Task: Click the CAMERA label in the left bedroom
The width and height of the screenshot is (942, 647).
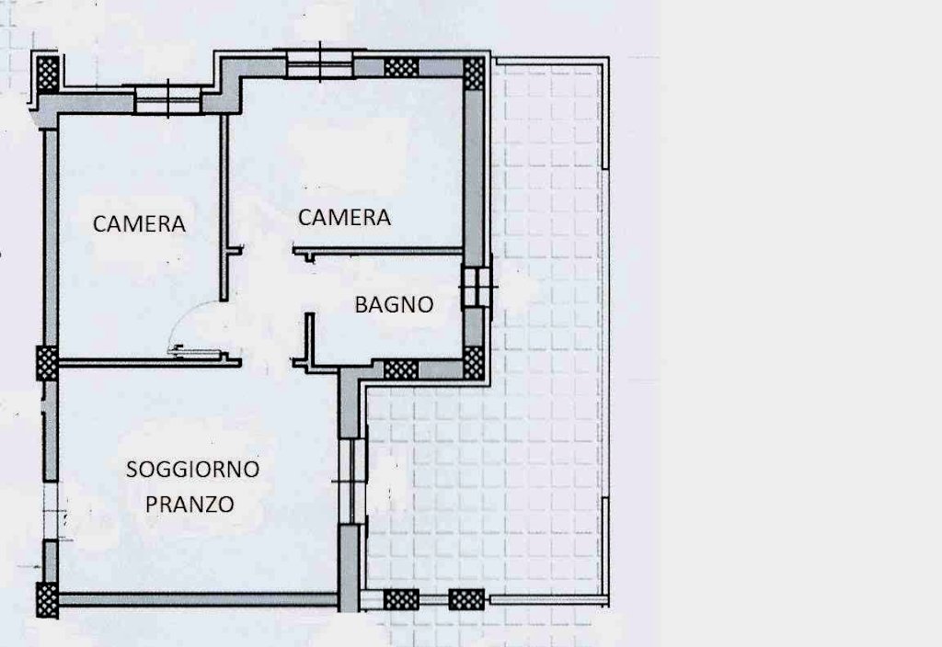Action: pyautogui.click(x=139, y=224)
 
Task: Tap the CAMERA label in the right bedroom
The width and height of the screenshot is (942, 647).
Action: pyautogui.click(x=344, y=217)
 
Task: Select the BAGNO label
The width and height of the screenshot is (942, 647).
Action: pyautogui.click(x=394, y=304)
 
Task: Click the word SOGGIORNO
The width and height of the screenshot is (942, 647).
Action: pyautogui.click(x=192, y=469)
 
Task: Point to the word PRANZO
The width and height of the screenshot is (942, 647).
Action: pyautogui.click(x=190, y=505)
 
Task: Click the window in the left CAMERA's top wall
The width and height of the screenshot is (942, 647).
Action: pyautogui.click(x=167, y=99)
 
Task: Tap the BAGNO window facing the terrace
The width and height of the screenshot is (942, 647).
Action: pyautogui.click(x=477, y=288)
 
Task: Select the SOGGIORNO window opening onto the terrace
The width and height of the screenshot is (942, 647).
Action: pyautogui.click(x=352, y=481)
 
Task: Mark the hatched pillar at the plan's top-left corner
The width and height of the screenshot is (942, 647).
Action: pyautogui.click(x=48, y=74)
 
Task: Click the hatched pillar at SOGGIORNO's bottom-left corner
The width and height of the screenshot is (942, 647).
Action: pyautogui.click(x=47, y=599)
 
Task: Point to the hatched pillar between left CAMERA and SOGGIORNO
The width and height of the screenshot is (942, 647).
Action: pyautogui.click(x=47, y=363)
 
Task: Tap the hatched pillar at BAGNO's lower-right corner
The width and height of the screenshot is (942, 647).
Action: pyautogui.click(x=474, y=362)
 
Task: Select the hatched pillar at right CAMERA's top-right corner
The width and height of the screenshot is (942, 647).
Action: pyautogui.click(x=474, y=74)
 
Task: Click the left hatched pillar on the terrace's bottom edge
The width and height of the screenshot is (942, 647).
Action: pyautogui.click(x=401, y=599)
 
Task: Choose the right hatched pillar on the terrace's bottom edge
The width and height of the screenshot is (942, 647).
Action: pyautogui.click(x=466, y=599)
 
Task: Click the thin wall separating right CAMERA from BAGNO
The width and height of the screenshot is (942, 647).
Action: pyautogui.click(x=377, y=251)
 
